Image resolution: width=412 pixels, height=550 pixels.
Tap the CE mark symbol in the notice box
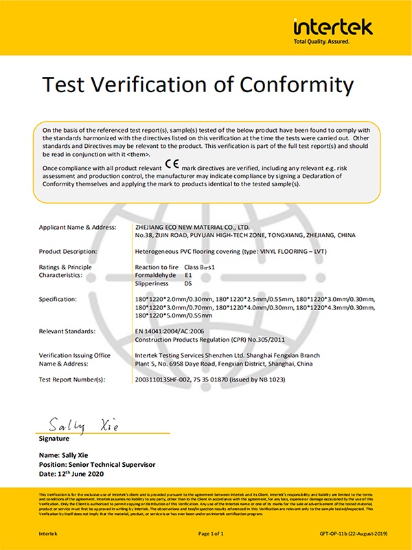pos(172,166)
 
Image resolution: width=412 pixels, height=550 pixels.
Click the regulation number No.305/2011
pos(257,339)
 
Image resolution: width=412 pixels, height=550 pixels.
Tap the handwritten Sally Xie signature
pos(79,426)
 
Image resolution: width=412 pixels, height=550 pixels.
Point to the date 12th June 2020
pos(84,474)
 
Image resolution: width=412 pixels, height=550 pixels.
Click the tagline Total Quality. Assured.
pos(322,42)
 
